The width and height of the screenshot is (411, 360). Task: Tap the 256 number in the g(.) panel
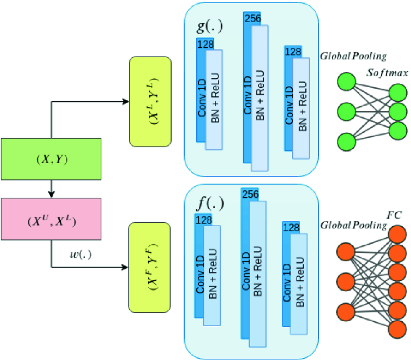point(252,18)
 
